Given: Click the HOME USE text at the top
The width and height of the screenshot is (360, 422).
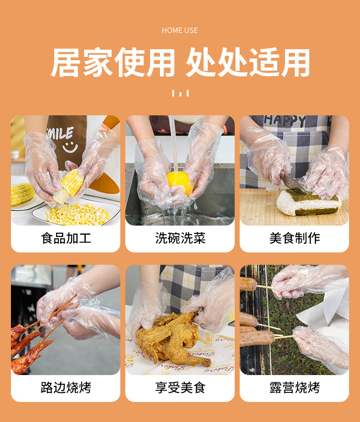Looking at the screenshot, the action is tap(180, 30).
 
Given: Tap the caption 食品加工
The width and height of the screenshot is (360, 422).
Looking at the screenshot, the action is tap(66, 238).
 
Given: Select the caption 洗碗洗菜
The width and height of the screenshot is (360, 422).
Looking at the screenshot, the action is tap(180, 238).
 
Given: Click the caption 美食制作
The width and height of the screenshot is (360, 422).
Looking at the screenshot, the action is tap(295, 238).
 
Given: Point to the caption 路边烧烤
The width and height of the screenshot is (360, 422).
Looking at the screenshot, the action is tap(66, 387).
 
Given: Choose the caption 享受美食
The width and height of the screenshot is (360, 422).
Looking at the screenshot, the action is tap(180, 387).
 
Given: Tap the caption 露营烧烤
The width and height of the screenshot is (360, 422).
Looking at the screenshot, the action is tap(295, 387).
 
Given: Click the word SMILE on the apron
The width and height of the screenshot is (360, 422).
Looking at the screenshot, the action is tap(60, 134).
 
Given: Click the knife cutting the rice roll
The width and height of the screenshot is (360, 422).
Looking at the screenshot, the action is tap(293, 183).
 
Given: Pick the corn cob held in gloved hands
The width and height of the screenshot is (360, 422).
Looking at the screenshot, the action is tap(68, 185).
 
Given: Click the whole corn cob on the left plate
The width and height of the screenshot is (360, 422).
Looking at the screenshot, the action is tap(21, 193).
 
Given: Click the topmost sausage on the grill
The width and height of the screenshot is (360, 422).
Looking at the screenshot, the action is tap(248, 284).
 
